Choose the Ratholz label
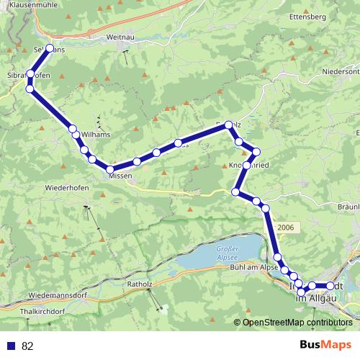(x=140, y=284)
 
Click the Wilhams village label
(x=96, y=135)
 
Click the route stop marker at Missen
(x=110, y=169)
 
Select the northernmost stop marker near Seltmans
(x=50, y=48)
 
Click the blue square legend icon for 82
(x=10, y=346)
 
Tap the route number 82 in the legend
(x=27, y=346)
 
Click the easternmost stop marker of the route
(x=331, y=286)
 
